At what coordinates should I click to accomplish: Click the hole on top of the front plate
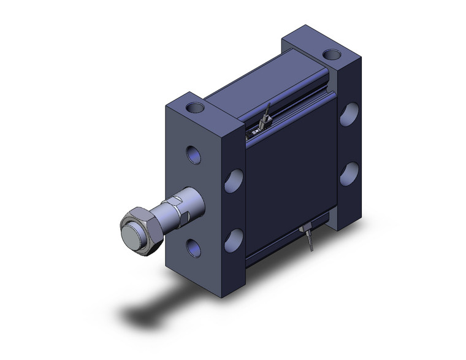[197, 109]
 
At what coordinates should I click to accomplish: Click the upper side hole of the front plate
[234, 180]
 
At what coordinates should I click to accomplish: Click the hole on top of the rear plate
[332, 54]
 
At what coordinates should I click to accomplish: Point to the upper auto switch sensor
[260, 125]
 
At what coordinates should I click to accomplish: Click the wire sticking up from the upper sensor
[267, 110]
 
